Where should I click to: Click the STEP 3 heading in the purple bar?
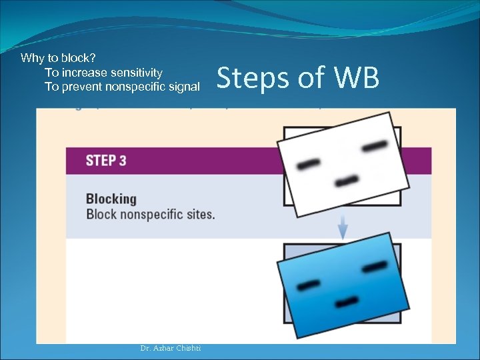click(x=106, y=161)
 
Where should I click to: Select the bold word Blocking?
click(x=111, y=199)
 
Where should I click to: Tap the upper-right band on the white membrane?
click(x=374, y=146)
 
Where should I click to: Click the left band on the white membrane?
click(x=309, y=163)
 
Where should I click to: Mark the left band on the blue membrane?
click(x=308, y=285)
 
